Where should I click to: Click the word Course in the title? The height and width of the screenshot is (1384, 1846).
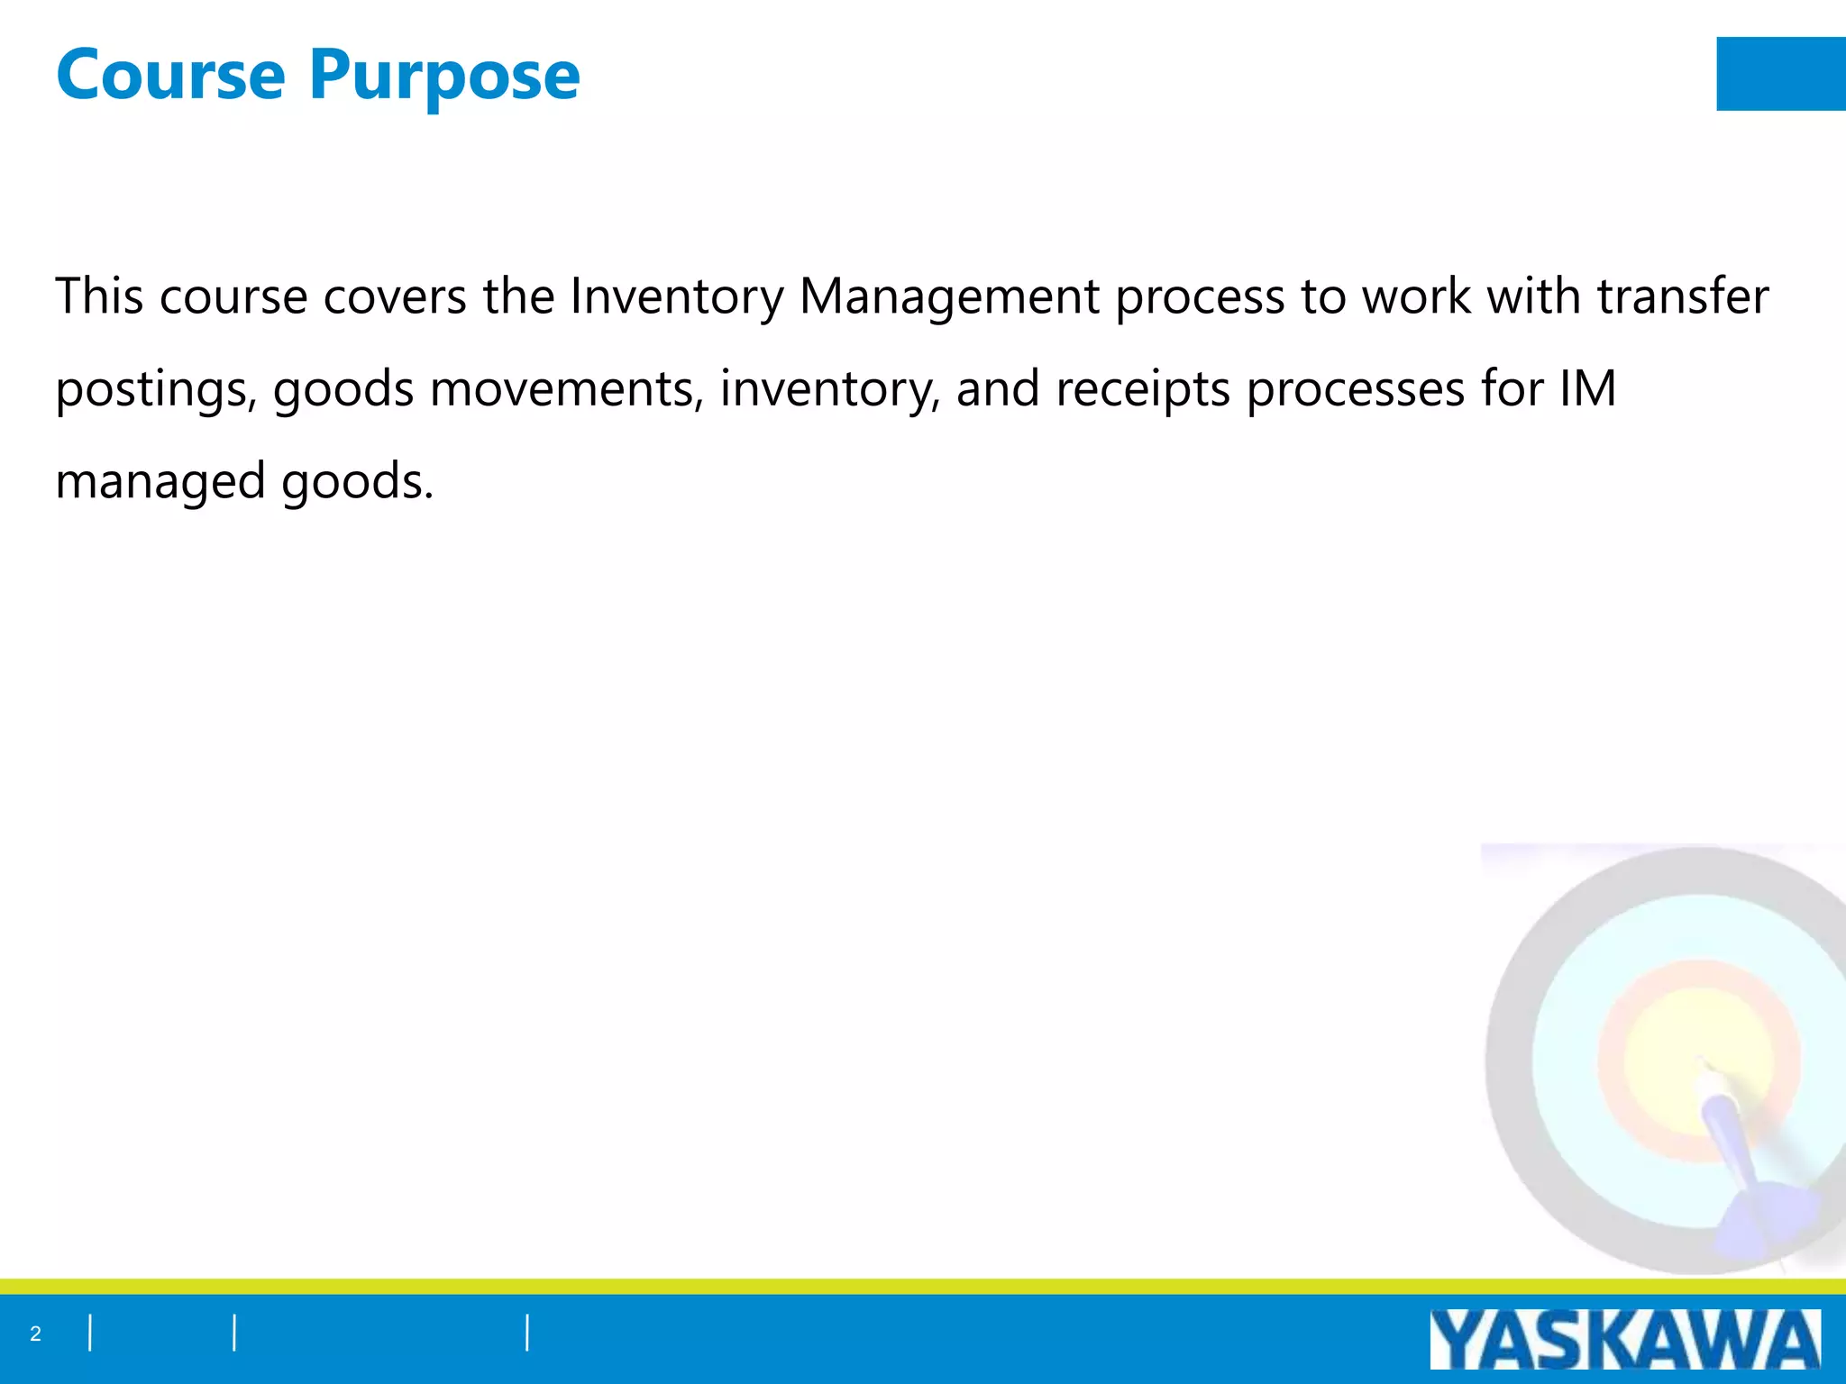click(x=170, y=75)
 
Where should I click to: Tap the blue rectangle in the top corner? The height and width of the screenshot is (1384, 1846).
click(x=1780, y=74)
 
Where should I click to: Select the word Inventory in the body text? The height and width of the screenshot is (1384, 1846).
click(x=676, y=296)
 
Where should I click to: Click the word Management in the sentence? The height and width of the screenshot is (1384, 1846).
click(x=949, y=298)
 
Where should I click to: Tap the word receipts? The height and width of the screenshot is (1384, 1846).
click(x=1142, y=391)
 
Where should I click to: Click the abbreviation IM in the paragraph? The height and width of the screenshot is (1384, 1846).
click(x=1587, y=389)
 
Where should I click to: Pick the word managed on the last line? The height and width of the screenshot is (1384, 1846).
click(x=160, y=483)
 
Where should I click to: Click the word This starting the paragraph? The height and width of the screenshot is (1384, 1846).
click(x=99, y=296)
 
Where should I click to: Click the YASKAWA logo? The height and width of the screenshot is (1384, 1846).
click(x=1624, y=1340)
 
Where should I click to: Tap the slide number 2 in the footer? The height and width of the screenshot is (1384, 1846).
click(x=35, y=1334)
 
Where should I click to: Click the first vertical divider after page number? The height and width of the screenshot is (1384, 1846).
click(x=90, y=1333)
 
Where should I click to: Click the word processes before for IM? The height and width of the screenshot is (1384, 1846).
click(x=1356, y=391)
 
